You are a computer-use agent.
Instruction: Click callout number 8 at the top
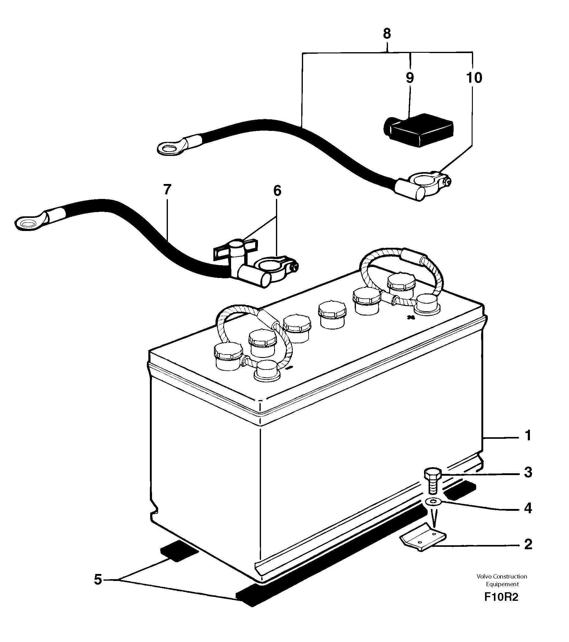(x=387, y=34)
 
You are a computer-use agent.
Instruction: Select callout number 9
(x=410, y=78)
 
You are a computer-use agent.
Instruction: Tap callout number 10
(x=474, y=78)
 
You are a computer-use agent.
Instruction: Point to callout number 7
(x=167, y=190)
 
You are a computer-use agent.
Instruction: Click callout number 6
(x=277, y=190)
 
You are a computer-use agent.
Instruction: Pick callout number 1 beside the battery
(x=528, y=436)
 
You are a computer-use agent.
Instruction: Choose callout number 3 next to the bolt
(x=528, y=481)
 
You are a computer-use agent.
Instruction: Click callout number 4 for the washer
(x=528, y=517)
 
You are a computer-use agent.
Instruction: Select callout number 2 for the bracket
(x=528, y=553)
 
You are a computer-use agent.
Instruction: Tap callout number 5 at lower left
(x=98, y=579)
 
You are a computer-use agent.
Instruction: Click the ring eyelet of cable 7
(x=27, y=224)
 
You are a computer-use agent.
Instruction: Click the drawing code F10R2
(x=501, y=605)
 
